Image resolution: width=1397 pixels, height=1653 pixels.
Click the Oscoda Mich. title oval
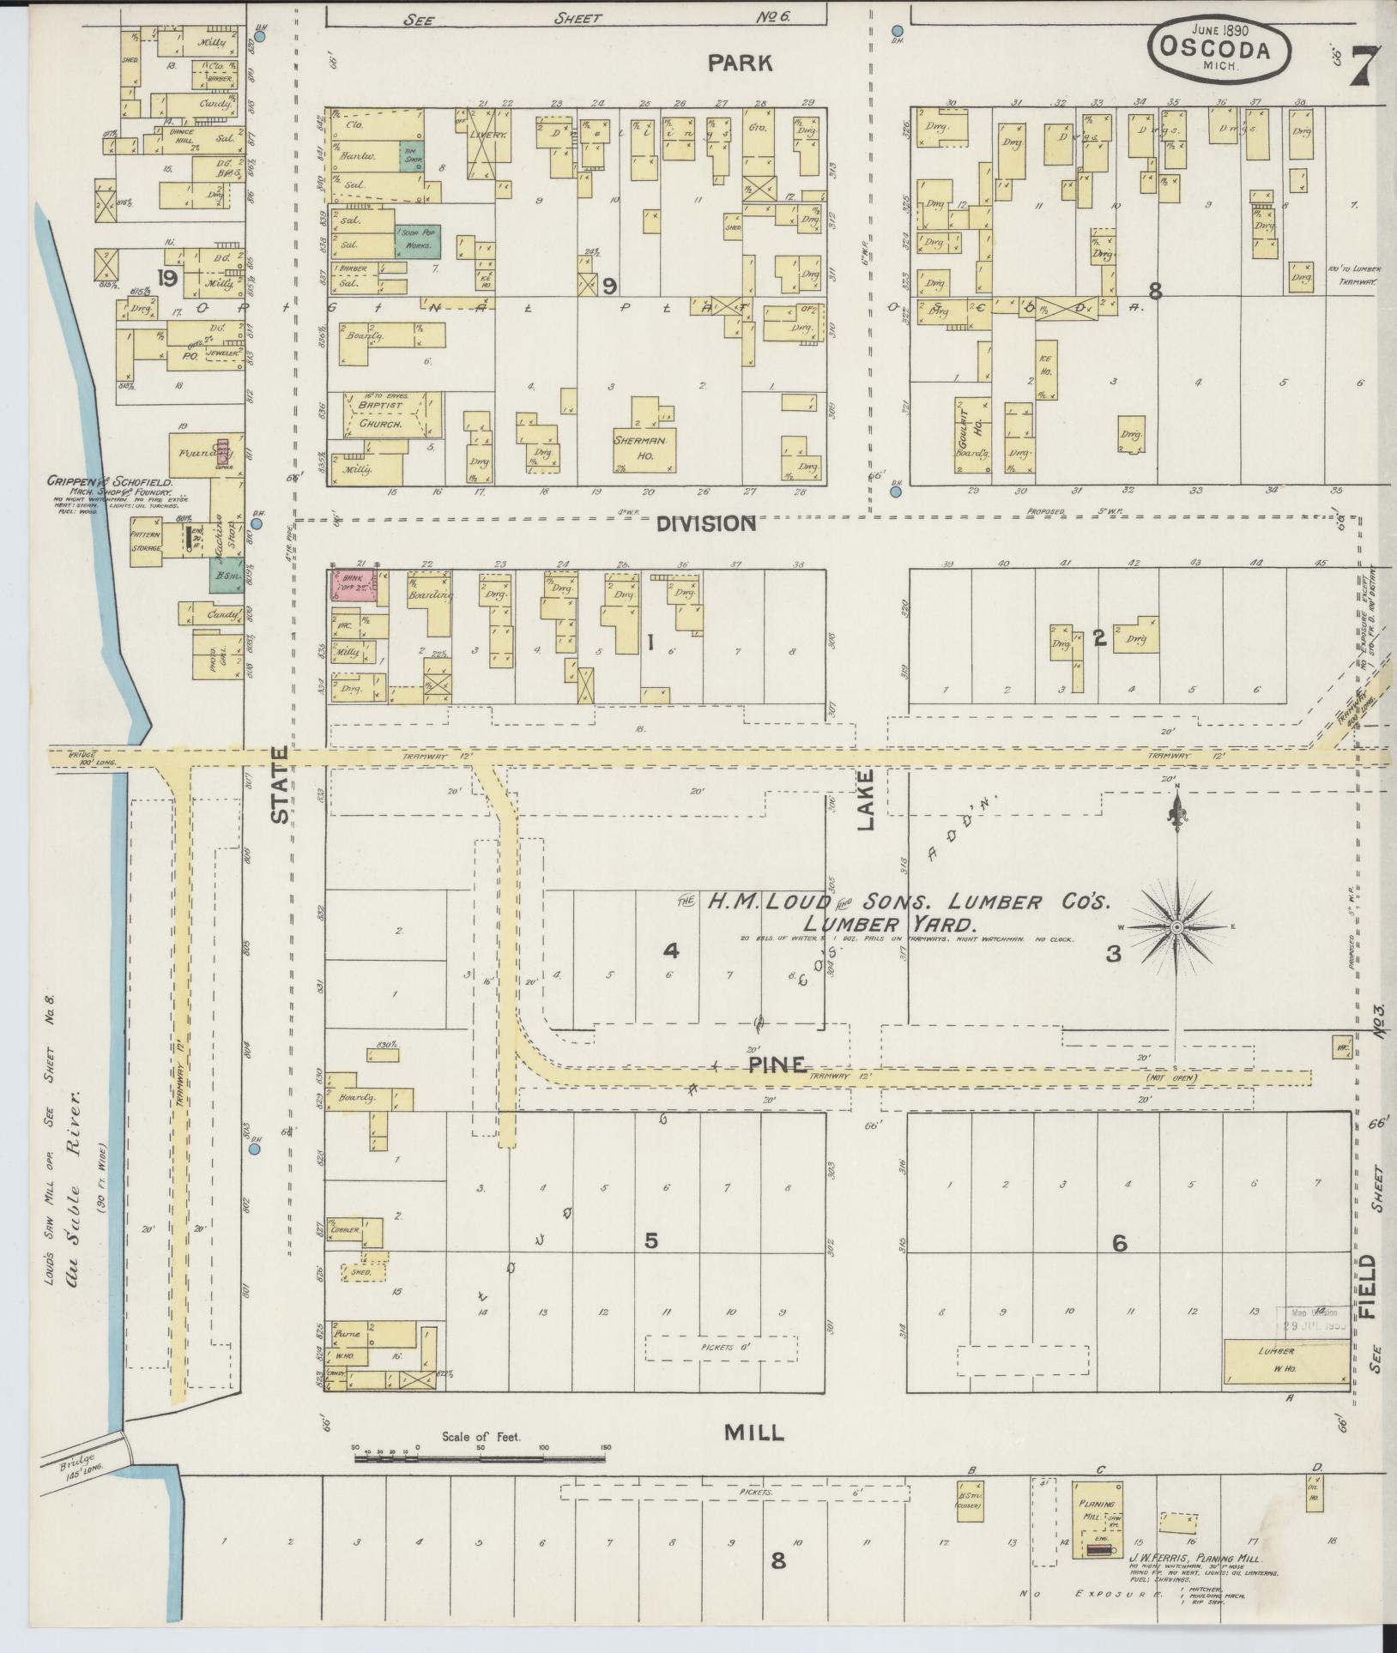1219,51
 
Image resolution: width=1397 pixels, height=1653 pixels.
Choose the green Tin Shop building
410,155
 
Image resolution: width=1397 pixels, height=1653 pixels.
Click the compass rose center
1176,928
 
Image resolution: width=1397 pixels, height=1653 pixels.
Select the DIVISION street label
706,523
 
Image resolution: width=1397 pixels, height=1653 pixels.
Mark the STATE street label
281,786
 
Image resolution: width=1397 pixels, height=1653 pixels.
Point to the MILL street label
753,1432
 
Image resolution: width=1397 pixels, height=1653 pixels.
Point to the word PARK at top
740,63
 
